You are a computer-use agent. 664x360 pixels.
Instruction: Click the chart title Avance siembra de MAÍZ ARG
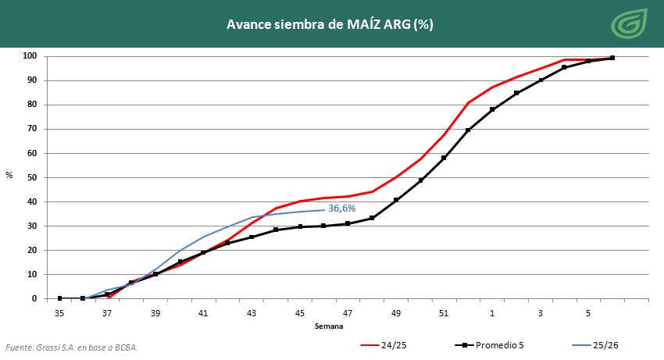pos(330,24)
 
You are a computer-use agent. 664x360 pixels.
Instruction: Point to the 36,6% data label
pos(342,209)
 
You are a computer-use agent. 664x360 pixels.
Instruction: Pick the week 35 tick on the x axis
pos(59,313)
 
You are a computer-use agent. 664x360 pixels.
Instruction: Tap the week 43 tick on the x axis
pos(252,313)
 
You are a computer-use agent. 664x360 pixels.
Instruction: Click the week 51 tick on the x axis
pos(444,313)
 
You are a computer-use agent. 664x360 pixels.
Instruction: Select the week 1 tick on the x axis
pos(492,313)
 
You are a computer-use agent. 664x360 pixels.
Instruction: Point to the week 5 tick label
pos(588,313)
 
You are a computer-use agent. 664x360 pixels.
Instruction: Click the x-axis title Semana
pos(328,326)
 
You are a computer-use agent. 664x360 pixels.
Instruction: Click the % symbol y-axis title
pos(9,175)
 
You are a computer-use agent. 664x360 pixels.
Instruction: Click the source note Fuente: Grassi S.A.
pos(77,347)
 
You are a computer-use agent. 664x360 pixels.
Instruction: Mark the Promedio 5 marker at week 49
pos(396,200)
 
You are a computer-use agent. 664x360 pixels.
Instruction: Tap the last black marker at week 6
pos(612,58)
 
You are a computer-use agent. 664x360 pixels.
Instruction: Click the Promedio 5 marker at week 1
pos(492,109)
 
